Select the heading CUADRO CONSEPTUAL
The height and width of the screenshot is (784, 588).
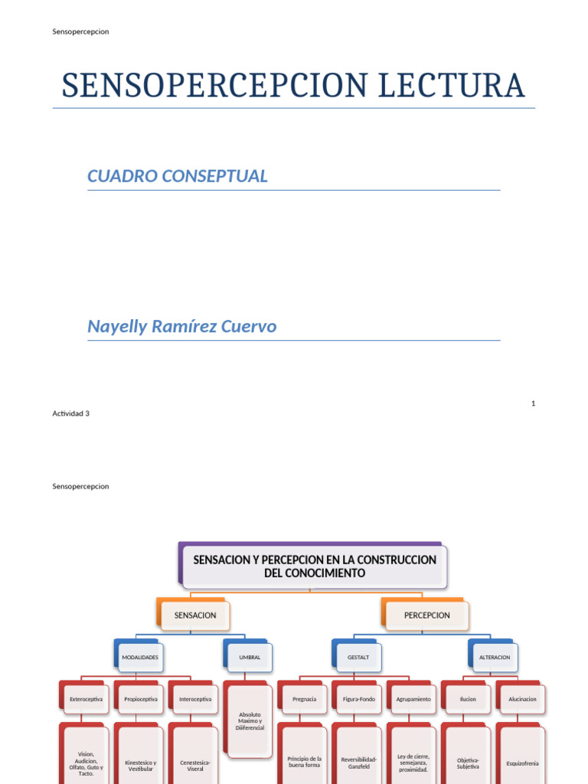178,176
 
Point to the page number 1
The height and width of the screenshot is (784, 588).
532,403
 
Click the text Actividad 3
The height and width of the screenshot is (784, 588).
71,413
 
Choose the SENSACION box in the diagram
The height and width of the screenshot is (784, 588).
195,615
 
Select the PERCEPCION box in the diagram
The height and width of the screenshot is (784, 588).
426,615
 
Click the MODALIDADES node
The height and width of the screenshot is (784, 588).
140,657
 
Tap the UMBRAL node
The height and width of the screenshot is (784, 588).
250,657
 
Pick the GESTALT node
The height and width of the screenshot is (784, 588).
358,657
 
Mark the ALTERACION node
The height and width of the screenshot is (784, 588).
494,657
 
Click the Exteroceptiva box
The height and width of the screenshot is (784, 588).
86,699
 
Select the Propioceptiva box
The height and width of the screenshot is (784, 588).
140,699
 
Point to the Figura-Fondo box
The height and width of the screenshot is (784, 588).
359,699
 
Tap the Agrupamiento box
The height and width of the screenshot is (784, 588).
413,699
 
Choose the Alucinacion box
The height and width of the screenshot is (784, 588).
522,699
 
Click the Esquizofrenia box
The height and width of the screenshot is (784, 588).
522,763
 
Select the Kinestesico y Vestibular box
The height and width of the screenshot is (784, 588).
140,765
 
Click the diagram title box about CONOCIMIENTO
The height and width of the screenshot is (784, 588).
315,567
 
